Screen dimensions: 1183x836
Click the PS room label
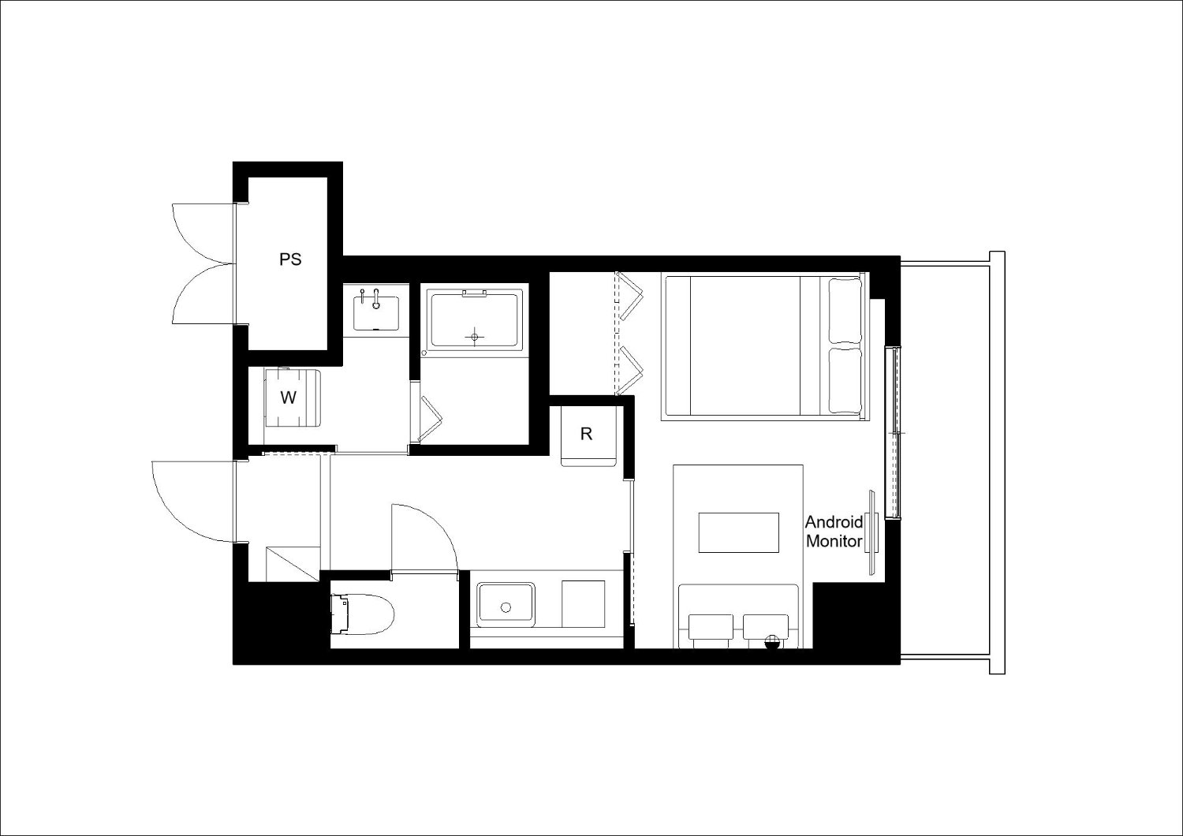[290, 259]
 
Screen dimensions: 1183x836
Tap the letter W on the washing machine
[289, 397]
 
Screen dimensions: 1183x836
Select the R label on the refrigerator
[586, 434]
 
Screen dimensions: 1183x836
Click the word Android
[834, 522]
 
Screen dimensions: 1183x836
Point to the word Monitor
[834, 541]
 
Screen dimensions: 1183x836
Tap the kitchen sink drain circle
[506, 607]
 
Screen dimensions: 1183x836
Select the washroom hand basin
[376, 312]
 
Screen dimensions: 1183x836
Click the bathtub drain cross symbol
[474, 336]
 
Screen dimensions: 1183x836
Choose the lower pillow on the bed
[845, 379]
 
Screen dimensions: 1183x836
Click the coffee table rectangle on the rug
[739, 532]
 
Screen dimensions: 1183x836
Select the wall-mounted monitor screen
[871, 532]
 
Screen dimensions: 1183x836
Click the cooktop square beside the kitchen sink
[583, 604]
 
